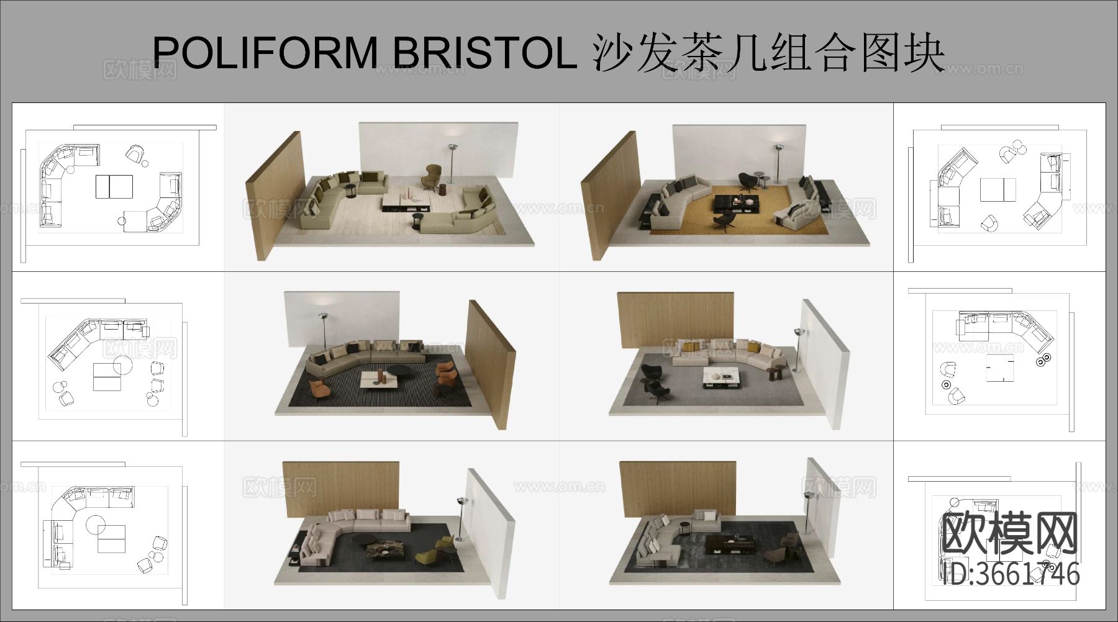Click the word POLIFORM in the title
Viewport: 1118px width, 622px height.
(x=264, y=52)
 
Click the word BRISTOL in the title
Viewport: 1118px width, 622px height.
(x=484, y=52)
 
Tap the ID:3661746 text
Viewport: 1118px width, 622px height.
(x=1011, y=574)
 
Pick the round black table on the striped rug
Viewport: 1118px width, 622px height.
(x=402, y=371)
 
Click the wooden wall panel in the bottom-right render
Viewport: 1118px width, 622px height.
(x=677, y=487)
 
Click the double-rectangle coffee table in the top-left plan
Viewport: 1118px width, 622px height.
(x=114, y=186)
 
